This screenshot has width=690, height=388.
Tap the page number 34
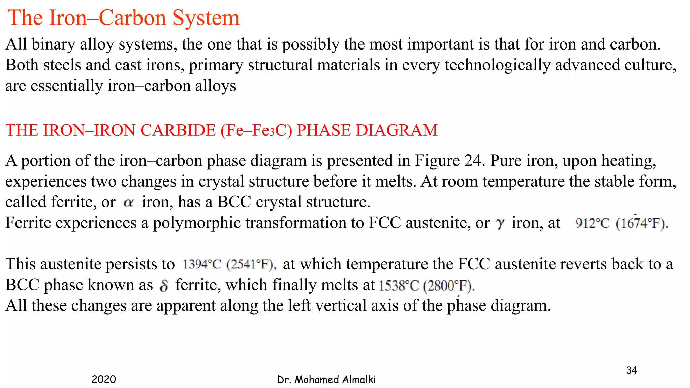point(631,370)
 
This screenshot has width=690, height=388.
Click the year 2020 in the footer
point(104,379)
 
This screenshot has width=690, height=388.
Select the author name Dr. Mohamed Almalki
point(326,380)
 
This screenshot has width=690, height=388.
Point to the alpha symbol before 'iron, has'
point(129,202)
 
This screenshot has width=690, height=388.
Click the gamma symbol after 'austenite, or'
point(500,223)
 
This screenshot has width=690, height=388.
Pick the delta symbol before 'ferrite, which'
point(164,285)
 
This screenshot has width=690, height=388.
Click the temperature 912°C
point(592,223)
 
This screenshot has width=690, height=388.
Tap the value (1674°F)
point(642,223)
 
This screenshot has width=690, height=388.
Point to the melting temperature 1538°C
point(399,286)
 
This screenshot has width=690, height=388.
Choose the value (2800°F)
point(449,286)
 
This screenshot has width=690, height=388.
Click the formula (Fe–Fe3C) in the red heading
point(256,130)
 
